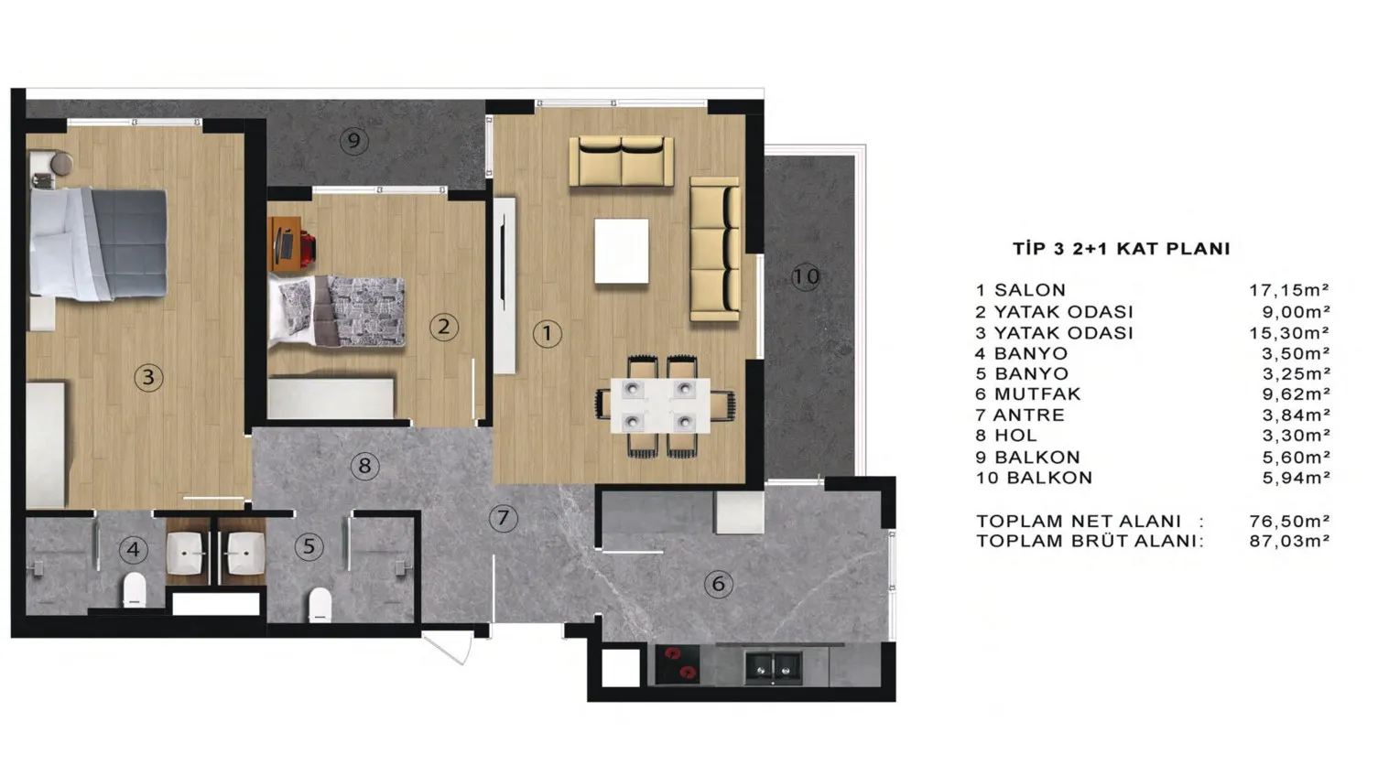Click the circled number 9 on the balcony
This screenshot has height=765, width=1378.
[x=353, y=141]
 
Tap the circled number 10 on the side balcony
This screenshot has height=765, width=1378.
[x=806, y=276]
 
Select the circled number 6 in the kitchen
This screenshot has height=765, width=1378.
[x=718, y=583]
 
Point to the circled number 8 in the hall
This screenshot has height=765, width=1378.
[x=364, y=466]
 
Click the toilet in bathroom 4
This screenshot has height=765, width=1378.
[x=134, y=589]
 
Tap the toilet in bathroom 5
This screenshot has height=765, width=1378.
[x=320, y=604]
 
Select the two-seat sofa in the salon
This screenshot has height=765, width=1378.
[x=621, y=160]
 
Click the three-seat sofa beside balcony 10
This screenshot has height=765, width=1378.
[x=715, y=249]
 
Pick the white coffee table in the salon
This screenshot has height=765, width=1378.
[x=622, y=251]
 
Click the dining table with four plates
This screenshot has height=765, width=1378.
[x=660, y=405]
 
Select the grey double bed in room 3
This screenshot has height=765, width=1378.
[x=99, y=244]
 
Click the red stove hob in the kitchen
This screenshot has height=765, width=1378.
[x=677, y=664]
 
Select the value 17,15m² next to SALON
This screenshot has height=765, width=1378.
[x=1289, y=290]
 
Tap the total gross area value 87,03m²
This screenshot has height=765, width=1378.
[x=1289, y=541]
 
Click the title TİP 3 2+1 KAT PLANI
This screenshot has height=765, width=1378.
[x=1122, y=248]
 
